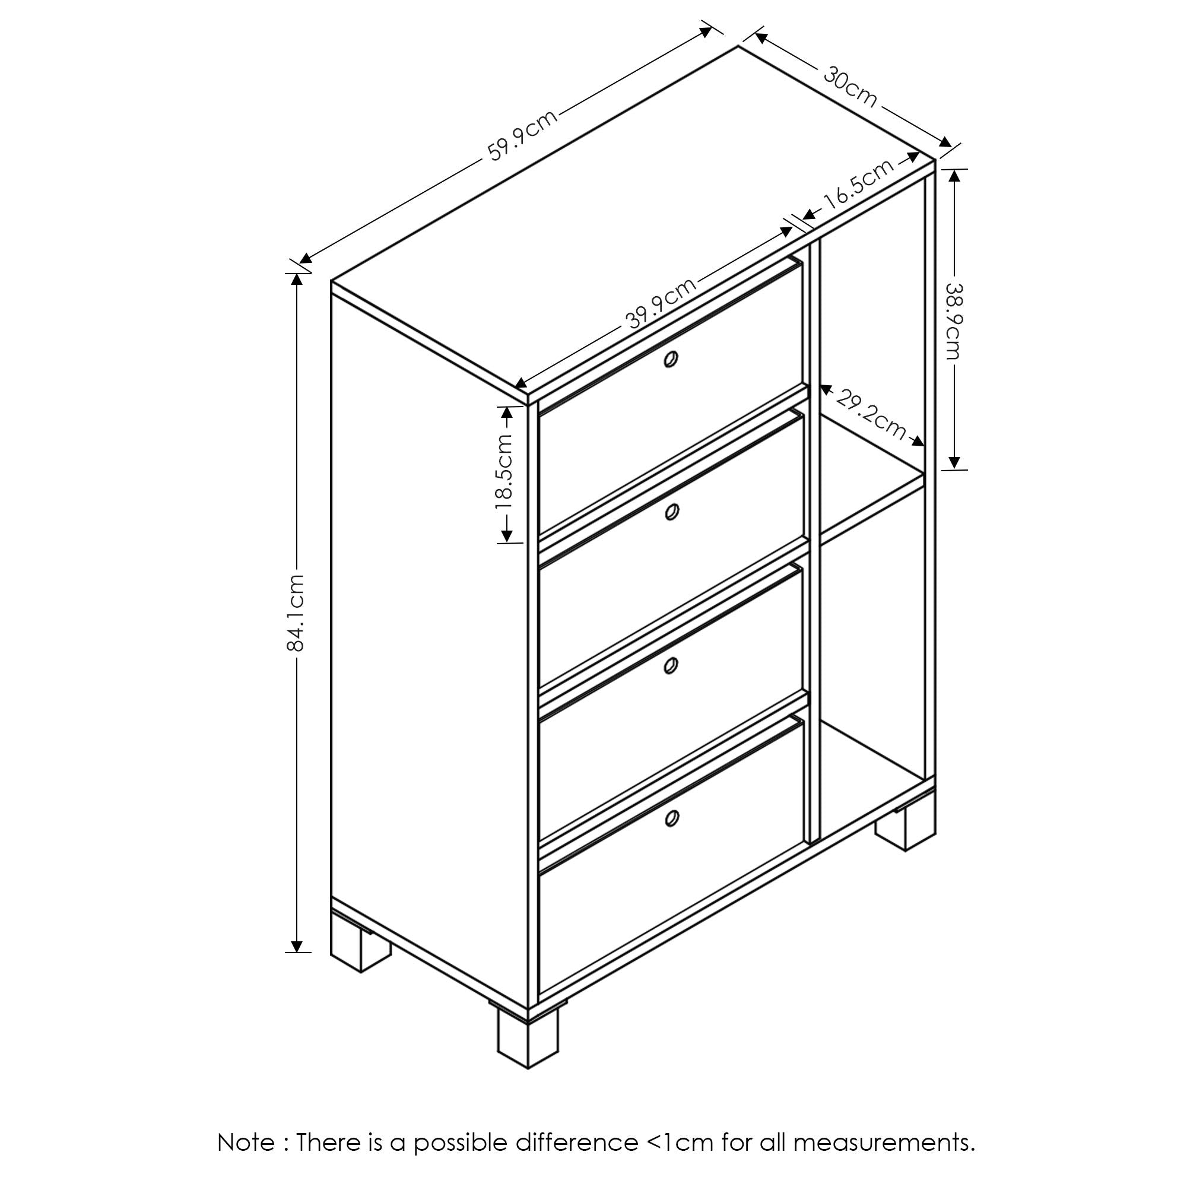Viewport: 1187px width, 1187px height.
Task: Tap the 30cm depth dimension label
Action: (850, 86)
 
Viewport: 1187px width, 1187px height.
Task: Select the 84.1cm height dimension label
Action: (296, 612)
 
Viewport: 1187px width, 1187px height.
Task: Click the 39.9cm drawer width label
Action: (661, 303)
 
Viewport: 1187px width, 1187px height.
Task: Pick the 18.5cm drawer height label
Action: (503, 471)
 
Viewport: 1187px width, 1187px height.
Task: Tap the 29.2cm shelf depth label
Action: (871, 415)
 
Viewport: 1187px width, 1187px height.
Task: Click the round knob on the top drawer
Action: (671, 359)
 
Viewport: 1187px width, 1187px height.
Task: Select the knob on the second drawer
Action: (671, 511)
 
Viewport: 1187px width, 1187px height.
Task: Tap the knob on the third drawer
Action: (671, 665)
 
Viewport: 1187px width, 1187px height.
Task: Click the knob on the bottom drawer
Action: (671, 817)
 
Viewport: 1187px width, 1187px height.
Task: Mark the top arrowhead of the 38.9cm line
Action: (954, 176)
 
